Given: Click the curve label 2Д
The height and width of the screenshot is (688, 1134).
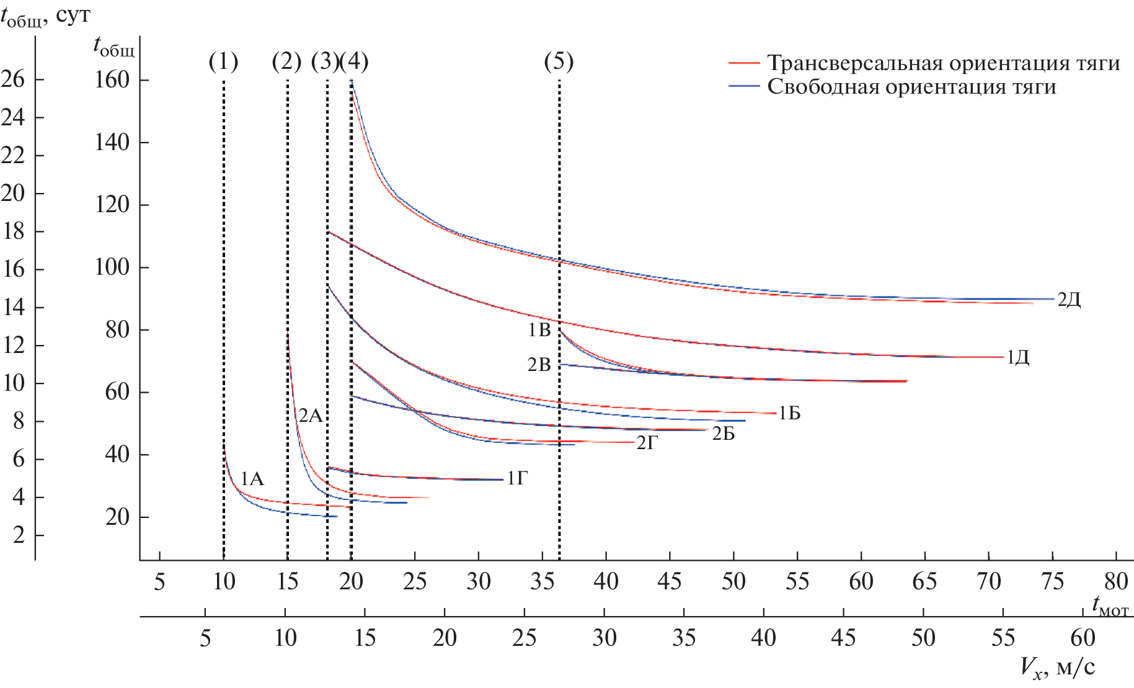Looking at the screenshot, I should pos(1068,300).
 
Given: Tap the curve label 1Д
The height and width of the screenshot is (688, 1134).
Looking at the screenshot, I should pos(1017,357).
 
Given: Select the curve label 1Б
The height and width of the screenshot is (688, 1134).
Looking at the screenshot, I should pos(789,413).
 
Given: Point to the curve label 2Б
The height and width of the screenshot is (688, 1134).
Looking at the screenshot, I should pos(723,434).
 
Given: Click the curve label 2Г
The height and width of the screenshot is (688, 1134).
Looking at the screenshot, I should pos(647,443).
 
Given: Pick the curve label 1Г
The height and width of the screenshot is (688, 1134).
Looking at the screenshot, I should pos(517,478).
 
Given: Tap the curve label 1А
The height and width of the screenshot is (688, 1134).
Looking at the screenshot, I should pos(252,479).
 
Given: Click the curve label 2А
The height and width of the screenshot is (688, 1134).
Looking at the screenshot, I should pos(311,416).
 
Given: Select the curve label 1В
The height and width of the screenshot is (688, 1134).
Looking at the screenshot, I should pos(539,330).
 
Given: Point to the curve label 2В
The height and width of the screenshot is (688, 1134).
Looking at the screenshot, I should pos(539,365).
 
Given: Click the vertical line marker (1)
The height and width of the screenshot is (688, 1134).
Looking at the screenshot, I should pos(223,61).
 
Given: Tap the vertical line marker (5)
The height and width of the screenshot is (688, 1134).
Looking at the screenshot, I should pos(559,61).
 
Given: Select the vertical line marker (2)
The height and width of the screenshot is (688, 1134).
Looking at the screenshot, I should pos(286,61).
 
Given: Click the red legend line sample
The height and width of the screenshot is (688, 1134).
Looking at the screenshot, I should pos(743,63).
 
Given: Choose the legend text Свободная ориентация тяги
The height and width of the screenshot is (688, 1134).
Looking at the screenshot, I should pos(911,87).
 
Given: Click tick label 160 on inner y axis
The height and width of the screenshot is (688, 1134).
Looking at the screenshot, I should pos(112,80).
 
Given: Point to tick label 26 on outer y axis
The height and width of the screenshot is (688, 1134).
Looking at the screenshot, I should pos(13,79).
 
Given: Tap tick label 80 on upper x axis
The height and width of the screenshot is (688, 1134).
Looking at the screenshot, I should pos(1115,581).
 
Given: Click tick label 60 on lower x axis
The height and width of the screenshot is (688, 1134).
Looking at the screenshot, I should pos(1083,638).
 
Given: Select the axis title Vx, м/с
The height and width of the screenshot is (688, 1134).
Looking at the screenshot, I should pos(1057,668).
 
